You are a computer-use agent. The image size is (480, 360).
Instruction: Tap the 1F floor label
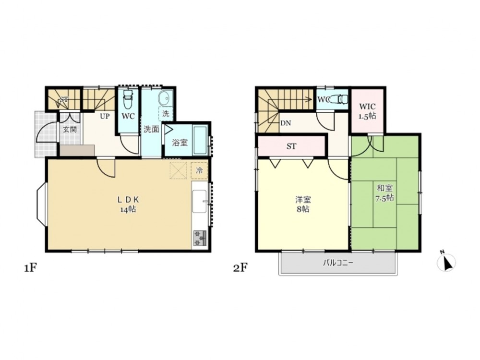pos(31,268)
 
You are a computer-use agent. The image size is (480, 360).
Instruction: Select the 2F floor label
pos(240,268)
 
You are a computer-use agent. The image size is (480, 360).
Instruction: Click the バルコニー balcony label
pos(338,263)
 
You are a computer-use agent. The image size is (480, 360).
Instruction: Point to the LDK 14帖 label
pos(128,204)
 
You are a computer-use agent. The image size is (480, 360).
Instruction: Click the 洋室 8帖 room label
pos(303,204)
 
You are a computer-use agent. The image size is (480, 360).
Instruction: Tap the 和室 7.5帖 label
pos(384,192)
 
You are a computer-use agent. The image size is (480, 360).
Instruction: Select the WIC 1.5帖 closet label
pos(367,111)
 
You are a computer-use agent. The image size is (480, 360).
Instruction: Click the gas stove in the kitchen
pos(200,238)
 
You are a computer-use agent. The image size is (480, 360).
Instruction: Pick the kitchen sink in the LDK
pos(199,202)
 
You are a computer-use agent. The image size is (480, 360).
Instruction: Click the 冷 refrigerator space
pos(199,170)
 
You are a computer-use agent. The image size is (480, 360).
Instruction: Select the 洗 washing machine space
pos(166,114)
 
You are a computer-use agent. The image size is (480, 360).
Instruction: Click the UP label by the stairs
pos(105,117)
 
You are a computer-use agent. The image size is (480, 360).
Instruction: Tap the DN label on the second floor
pos(286,123)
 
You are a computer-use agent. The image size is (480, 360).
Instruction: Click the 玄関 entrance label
pos(70,129)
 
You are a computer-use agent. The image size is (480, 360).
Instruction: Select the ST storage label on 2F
pos(291,146)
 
